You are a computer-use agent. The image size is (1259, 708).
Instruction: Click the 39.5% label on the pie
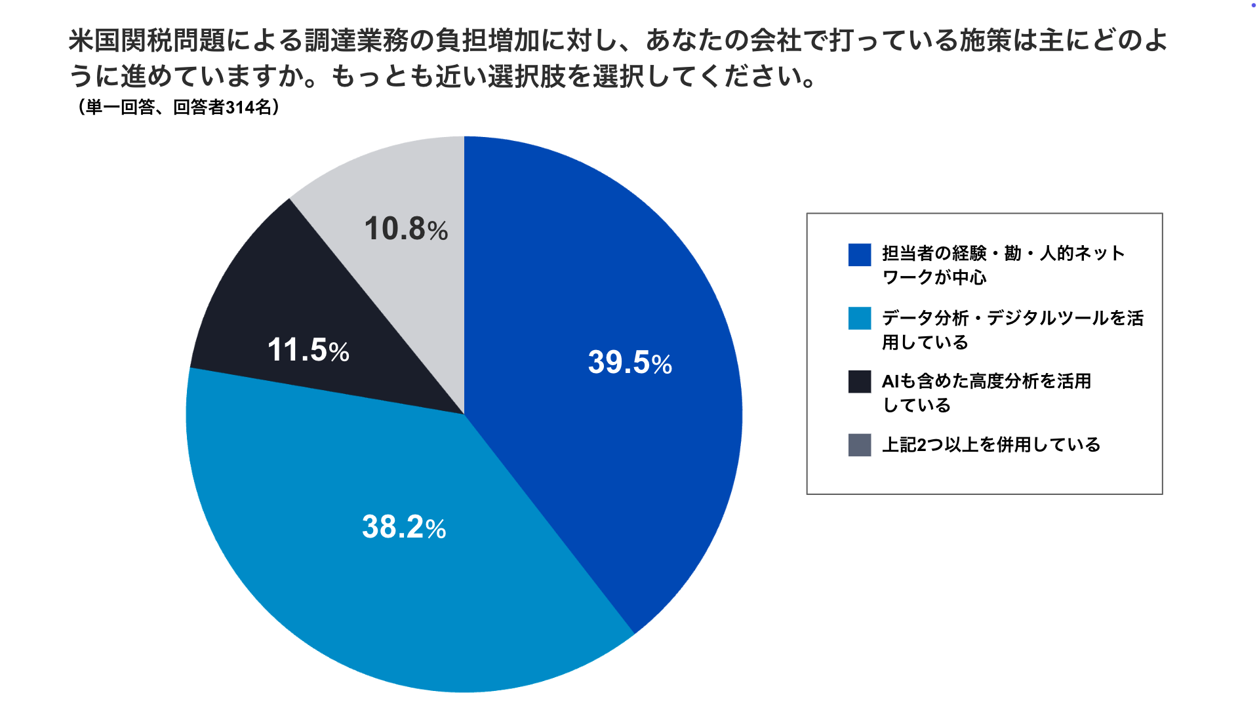coord(629,363)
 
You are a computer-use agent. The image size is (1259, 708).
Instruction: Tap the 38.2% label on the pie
coord(403,527)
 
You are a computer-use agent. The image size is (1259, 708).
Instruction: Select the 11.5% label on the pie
coord(308,350)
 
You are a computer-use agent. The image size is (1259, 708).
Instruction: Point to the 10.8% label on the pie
coord(406,229)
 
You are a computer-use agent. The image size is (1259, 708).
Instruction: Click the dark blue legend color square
coord(859,254)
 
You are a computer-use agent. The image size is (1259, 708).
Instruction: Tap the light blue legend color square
coord(859,319)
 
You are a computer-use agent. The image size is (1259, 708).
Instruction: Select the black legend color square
coord(859,382)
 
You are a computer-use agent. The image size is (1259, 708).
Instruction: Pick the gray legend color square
coord(859,445)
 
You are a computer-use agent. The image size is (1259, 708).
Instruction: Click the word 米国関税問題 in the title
coord(147,41)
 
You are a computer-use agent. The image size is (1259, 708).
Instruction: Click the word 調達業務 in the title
coord(357,41)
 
